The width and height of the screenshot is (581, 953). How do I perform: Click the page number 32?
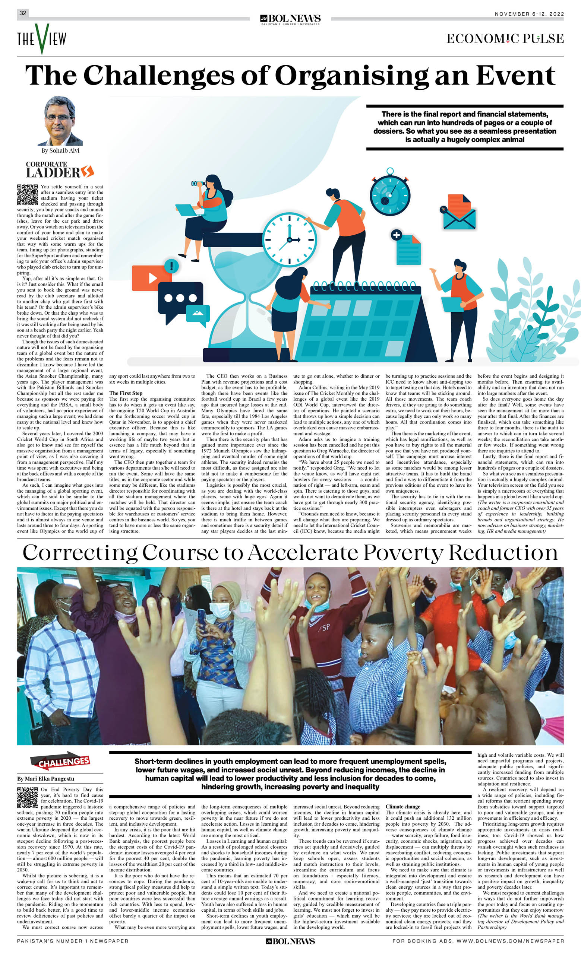pos(23,13)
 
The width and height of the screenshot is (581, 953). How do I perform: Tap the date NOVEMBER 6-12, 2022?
pos(529,14)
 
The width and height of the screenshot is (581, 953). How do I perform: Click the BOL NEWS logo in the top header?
pos(290,19)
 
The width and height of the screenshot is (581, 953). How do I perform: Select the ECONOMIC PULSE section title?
pos(505,39)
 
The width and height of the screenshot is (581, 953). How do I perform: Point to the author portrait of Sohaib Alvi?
pos(60,121)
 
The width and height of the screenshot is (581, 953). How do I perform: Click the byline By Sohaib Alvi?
pos(60,150)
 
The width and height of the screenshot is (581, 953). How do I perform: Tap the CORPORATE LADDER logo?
pos(60,169)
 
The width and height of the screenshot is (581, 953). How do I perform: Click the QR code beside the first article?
pos(28,194)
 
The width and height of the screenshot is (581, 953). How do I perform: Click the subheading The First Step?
pos(126,393)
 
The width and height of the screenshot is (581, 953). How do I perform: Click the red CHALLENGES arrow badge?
pos(60,761)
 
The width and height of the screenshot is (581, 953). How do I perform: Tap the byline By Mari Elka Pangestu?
pos(46,779)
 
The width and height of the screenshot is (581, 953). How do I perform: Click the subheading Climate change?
pos(402,807)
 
